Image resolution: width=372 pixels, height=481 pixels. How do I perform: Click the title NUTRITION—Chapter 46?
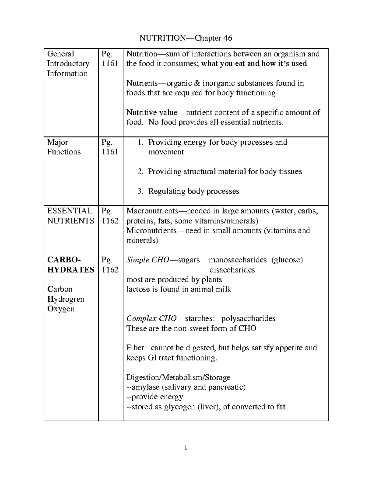click(x=186, y=38)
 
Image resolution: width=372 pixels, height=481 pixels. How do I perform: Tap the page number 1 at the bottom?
click(x=186, y=448)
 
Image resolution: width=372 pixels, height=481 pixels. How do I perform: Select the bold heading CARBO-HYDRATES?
click(x=71, y=265)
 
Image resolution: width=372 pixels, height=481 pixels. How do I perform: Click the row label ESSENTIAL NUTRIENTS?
click(x=70, y=216)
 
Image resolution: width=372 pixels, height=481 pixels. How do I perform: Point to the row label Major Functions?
click(x=64, y=147)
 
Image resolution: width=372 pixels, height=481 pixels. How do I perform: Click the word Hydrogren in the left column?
click(x=66, y=299)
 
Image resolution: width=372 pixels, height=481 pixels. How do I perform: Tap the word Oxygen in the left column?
click(x=61, y=309)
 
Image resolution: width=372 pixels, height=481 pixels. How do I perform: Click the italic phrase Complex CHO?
click(x=151, y=319)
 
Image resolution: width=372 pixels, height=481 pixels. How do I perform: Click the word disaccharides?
click(x=232, y=270)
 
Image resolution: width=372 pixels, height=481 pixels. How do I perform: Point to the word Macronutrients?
click(x=152, y=211)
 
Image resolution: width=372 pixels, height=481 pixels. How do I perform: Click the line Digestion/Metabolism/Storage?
click(x=178, y=377)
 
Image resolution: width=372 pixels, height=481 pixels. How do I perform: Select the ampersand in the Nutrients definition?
click(x=197, y=83)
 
